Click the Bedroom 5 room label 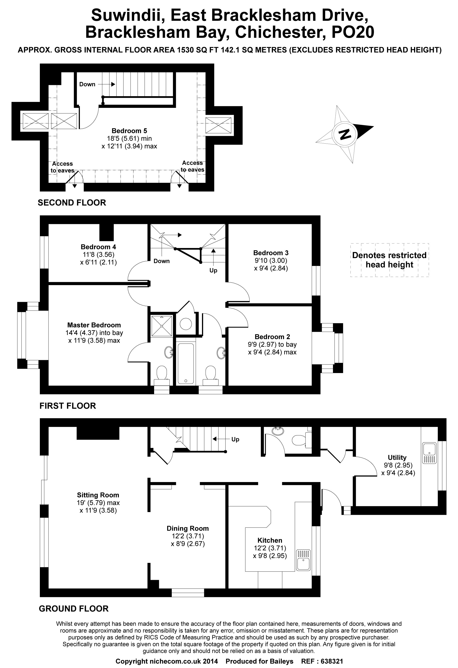coord(129,131)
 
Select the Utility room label coord(397,457)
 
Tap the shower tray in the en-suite coord(162,326)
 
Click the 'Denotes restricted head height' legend coord(389,260)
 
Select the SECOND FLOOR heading coord(72,203)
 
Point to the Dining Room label coord(188,528)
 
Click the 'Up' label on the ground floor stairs coord(235,439)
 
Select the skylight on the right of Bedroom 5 coord(218,125)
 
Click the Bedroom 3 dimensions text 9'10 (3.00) coord(270,260)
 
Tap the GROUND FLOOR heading coord(74,608)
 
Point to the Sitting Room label coord(98,495)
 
